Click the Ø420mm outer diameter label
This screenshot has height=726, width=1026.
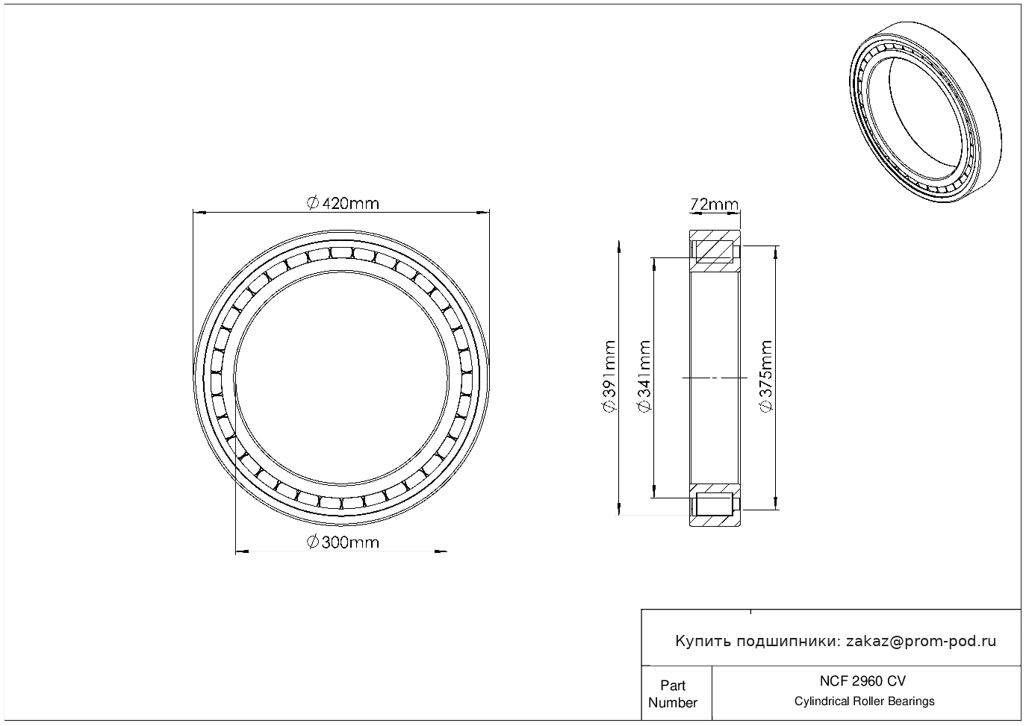click(343, 203)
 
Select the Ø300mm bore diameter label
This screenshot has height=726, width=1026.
click(343, 542)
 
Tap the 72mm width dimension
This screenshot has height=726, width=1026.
click(714, 204)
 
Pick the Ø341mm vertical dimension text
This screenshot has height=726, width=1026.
click(644, 376)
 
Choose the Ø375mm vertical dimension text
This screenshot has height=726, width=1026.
click(766, 376)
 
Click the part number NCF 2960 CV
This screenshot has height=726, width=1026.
click(862, 680)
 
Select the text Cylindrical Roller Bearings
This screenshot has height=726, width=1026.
click(864, 701)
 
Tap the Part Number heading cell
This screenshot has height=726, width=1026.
click(672, 693)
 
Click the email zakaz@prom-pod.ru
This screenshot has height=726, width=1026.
click(921, 641)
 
